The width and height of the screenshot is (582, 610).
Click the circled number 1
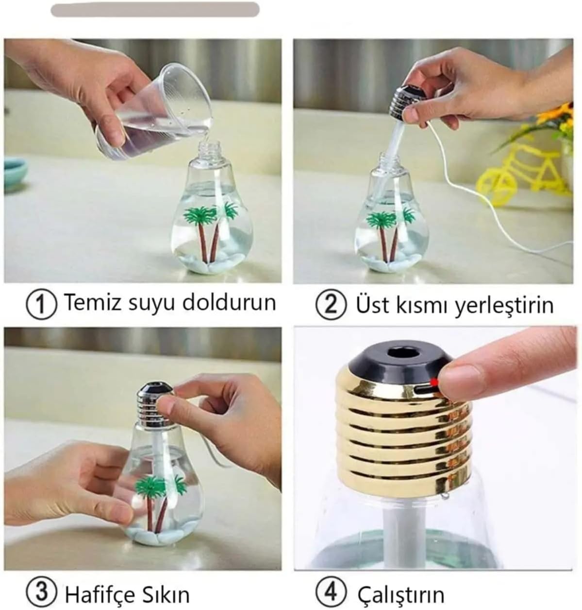click(41, 304)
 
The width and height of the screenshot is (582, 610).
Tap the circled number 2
click(331, 305)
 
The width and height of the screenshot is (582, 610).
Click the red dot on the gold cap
click(434, 382)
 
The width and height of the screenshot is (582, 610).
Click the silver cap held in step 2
click(407, 102)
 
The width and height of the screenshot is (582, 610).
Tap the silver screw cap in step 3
click(155, 404)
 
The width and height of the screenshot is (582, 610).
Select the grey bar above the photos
click(155, 9)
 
